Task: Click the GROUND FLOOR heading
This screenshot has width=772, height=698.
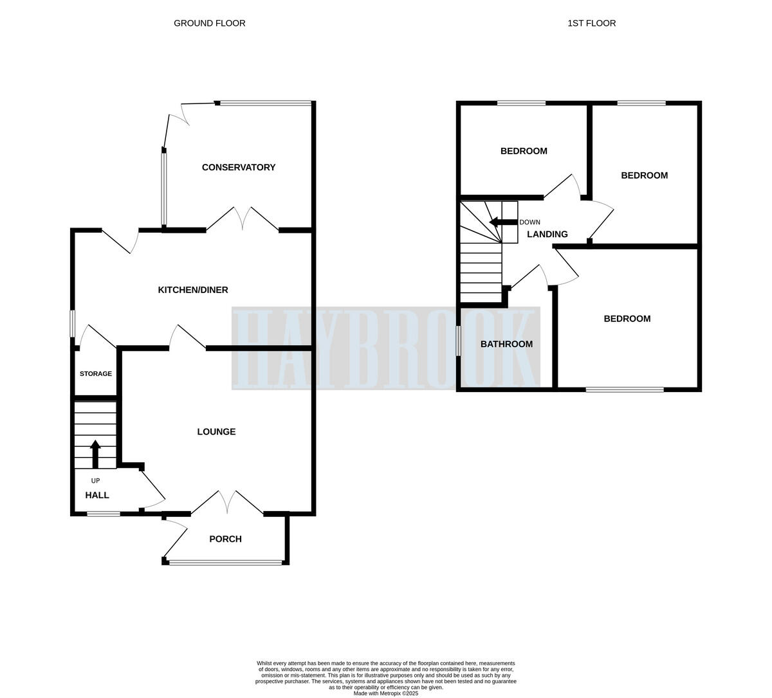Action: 209,23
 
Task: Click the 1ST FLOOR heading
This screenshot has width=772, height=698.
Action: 591,23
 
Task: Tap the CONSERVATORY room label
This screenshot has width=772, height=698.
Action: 239,167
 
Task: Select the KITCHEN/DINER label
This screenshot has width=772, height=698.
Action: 193,290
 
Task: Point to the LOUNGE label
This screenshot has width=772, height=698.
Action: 216,432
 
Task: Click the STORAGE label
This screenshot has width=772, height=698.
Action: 96,373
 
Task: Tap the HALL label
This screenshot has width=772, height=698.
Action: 97,495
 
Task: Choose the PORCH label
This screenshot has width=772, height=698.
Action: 225,539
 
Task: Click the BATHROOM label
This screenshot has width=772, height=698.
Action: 506,344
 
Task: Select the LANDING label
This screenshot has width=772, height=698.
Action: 547,234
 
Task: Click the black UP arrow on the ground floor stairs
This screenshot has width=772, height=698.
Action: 95,453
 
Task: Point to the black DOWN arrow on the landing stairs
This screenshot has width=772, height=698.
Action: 503,222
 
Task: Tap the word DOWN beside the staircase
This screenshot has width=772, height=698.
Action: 529,222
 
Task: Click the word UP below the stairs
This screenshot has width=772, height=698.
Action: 95,481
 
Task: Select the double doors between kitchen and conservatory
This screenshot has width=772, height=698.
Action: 243,219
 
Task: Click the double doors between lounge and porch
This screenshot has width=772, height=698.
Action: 227,502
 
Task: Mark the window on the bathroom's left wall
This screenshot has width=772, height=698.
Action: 458,341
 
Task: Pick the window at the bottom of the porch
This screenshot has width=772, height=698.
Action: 225,562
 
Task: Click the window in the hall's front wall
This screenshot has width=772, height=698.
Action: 103,514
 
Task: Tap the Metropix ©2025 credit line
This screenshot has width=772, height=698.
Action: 385,693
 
